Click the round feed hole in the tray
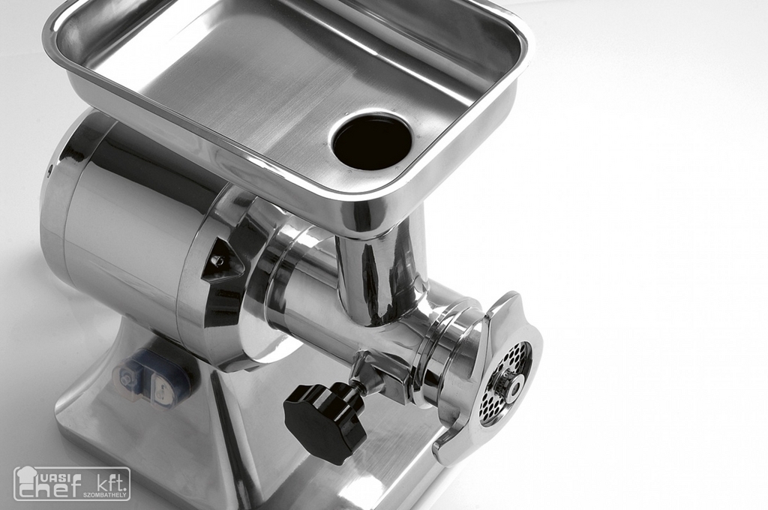point(372,140)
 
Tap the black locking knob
point(324,421)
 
